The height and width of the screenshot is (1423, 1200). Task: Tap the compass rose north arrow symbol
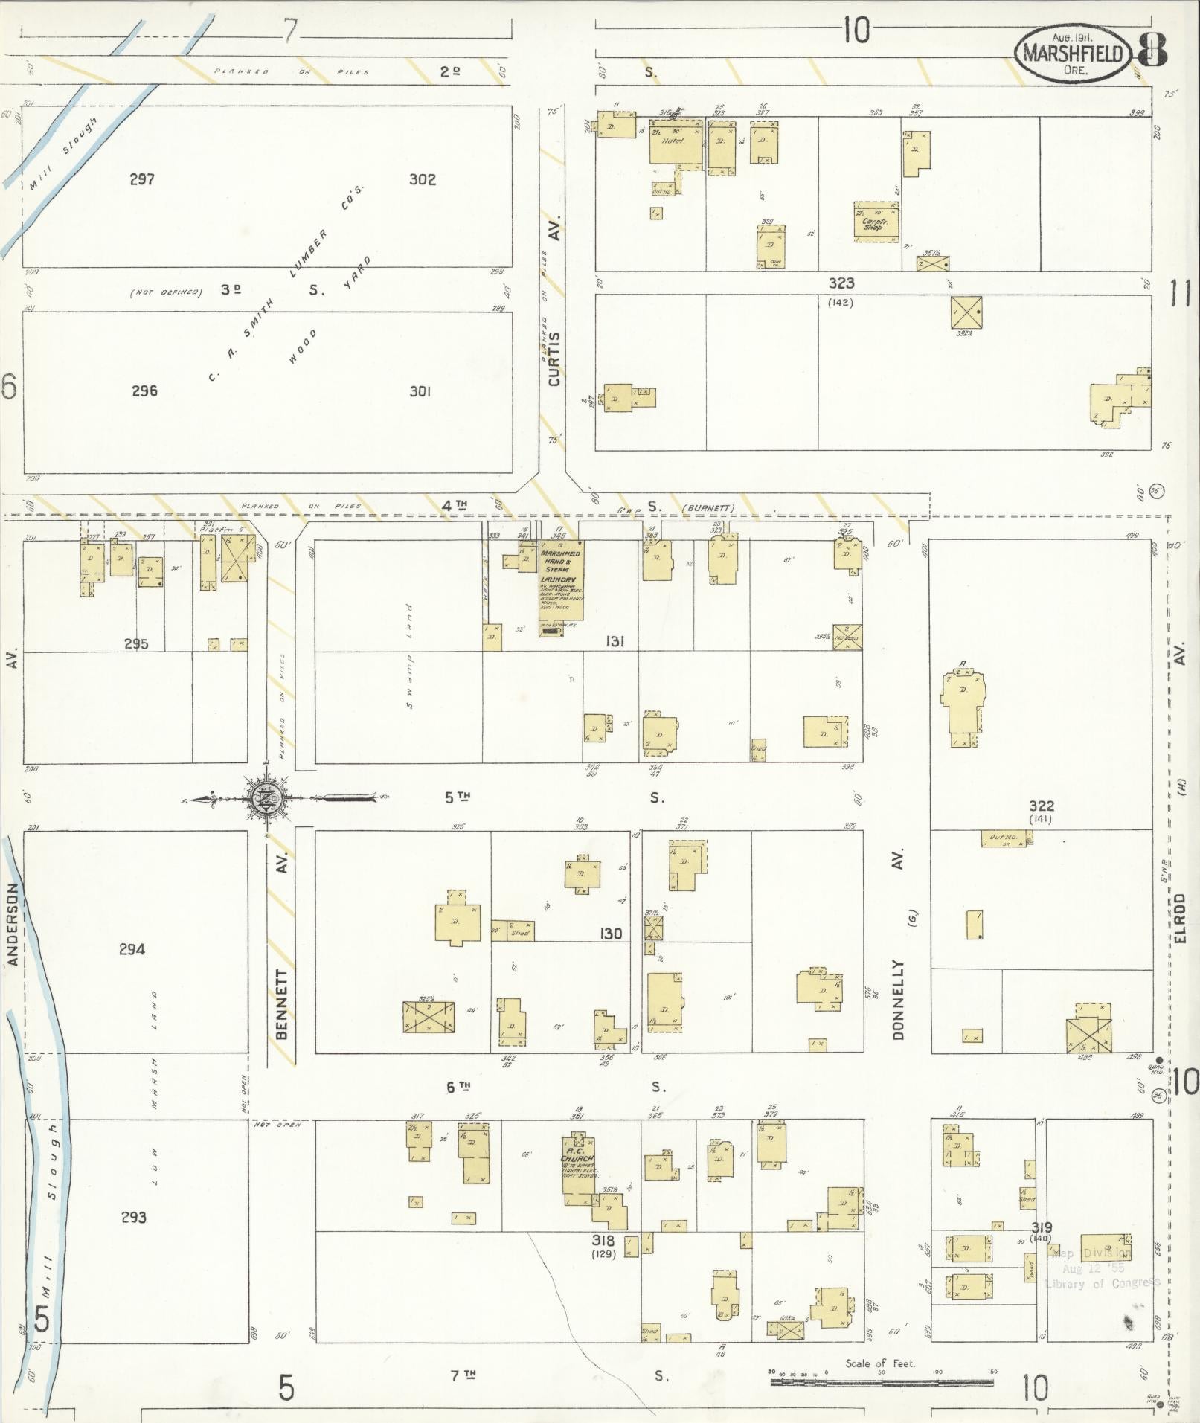(268, 798)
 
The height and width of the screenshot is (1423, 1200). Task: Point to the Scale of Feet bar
(881, 1381)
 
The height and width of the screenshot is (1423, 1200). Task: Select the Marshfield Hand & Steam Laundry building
(561, 588)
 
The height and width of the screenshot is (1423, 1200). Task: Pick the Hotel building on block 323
(675, 144)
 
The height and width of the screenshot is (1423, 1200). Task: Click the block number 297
(141, 179)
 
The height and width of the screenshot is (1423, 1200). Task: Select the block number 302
(422, 179)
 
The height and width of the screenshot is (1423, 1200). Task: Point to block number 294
(132, 948)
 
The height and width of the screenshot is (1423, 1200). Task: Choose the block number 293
(133, 1217)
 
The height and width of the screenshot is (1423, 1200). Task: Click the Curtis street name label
(554, 359)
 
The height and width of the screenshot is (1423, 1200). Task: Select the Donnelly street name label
(898, 999)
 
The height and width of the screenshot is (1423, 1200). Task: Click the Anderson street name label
(13, 924)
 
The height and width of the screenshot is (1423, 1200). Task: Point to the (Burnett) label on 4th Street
(708, 508)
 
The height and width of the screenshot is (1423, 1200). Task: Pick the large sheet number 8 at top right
(1152, 50)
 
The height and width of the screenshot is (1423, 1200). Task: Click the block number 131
(614, 641)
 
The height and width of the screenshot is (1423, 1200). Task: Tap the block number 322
(1042, 806)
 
